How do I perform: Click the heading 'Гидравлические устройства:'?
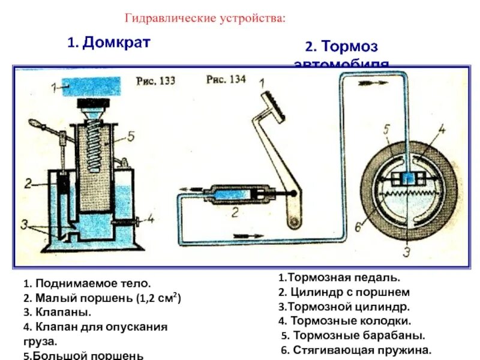[206, 18]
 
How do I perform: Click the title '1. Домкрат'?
[108, 43]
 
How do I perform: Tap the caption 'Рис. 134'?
[226, 80]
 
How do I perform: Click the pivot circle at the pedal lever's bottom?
[294, 223]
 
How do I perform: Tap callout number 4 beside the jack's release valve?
[151, 218]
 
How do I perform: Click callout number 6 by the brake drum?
[358, 226]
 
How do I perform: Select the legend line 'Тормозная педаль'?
[340, 278]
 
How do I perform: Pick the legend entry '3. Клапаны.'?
[57, 312]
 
